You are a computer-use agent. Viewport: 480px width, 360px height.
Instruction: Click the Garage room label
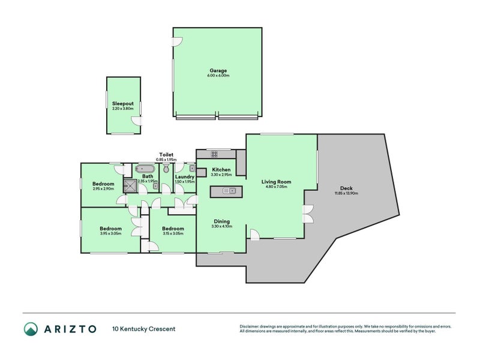click(x=218, y=70)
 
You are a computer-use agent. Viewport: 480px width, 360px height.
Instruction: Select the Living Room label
click(x=276, y=181)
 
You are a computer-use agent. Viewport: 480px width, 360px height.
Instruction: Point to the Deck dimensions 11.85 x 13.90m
click(x=346, y=193)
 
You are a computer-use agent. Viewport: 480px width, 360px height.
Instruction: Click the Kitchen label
click(x=221, y=170)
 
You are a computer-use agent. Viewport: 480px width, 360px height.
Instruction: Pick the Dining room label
click(x=221, y=220)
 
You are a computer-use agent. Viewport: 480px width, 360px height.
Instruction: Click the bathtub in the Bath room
click(x=146, y=169)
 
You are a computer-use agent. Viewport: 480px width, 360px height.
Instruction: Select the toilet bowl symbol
click(x=166, y=169)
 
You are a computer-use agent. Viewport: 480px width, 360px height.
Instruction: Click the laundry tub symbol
click(x=192, y=169)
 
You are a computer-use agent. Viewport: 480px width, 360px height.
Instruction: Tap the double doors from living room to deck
click(x=308, y=214)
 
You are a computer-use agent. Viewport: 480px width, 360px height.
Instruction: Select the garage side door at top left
click(x=177, y=41)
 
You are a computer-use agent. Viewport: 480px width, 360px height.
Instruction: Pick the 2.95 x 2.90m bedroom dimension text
click(x=103, y=189)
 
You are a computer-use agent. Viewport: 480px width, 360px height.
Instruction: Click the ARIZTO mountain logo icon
click(x=31, y=329)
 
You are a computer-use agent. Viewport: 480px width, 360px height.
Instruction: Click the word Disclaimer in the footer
click(x=251, y=326)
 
